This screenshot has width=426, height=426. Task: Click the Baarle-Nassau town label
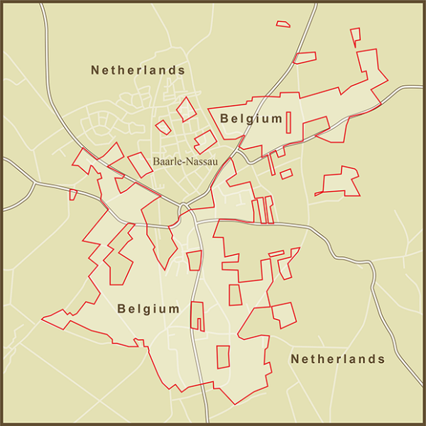pyautogui.click(x=184, y=161)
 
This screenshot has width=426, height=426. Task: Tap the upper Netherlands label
pyautogui.click(x=138, y=70)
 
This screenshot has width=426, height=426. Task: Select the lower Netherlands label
pyautogui.click(x=337, y=359)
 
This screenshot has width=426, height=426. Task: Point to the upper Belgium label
pyautogui.click(x=251, y=118)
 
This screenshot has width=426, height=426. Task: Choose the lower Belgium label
pyautogui.click(x=148, y=309)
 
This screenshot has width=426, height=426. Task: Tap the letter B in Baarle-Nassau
pyautogui.click(x=156, y=161)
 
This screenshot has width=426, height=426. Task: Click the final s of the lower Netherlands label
pyautogui.click(x=381, y=359)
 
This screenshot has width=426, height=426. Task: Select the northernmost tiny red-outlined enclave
pyautogui.click(x=283, y=24)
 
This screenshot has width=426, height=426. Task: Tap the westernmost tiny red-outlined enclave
pyautogui.click(x=72, y=194)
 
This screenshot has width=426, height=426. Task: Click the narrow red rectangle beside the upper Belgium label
pyautogui.click(x=289, y=121)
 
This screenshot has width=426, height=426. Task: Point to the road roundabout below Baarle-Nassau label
pyautogui.click(x=185, y=207)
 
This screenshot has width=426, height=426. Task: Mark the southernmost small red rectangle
pyautogui.click(x=223, y=356)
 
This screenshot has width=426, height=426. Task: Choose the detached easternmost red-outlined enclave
pyautogui.click(x=339, y=181)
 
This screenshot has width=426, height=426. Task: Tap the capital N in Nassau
pyautogui.click(x=190, y=161)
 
